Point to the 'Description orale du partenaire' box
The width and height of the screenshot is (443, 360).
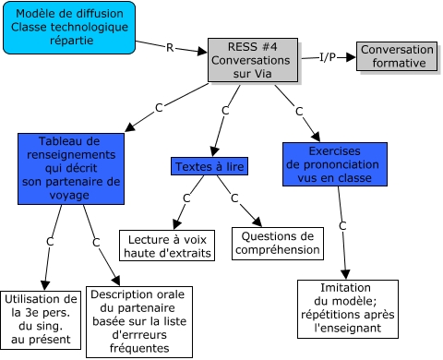point(139,320)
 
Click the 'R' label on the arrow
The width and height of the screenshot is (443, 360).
point(169,46)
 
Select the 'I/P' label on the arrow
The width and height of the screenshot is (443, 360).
point(328,57)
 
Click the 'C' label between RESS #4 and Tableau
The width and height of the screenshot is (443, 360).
point(159,108)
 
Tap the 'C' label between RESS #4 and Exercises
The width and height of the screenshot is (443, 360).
point(298,111)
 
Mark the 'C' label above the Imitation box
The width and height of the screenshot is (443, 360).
point(342,225)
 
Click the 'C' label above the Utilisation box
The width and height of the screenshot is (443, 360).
point(51,242)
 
